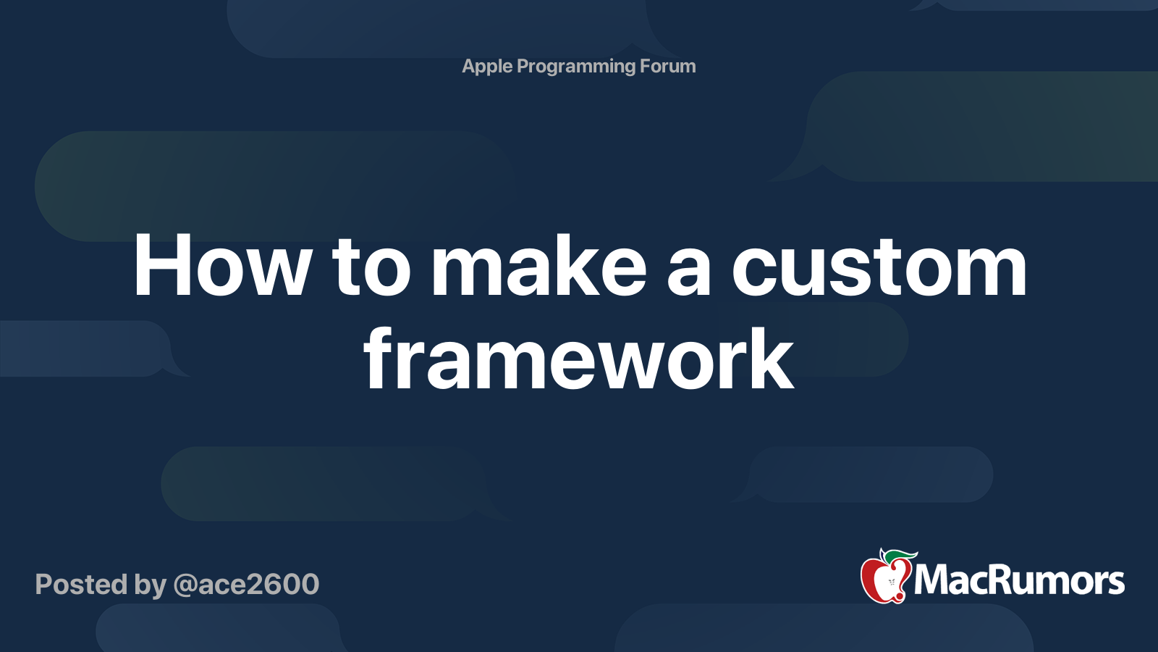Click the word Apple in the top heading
pyautogui.click(x=487, y=67)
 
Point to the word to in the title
pyautogui.click(x=371, y=267)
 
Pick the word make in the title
pyautogui.click(x=538, y=267)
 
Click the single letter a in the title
pyautogui.click(x=688, y=272)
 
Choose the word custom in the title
pyautogui.click(x=879, y=267)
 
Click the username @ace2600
pyautogui.click(x=246, y=585)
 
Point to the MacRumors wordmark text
pyautogui.click(x=1019, y=581)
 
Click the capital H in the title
pyautogui.click(x=165, y=267)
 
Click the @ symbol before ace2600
pyautogui.click(x=185, y=585)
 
